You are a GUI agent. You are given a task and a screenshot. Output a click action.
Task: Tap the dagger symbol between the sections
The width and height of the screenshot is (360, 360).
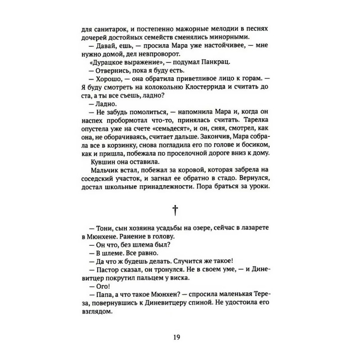point(180,211)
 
